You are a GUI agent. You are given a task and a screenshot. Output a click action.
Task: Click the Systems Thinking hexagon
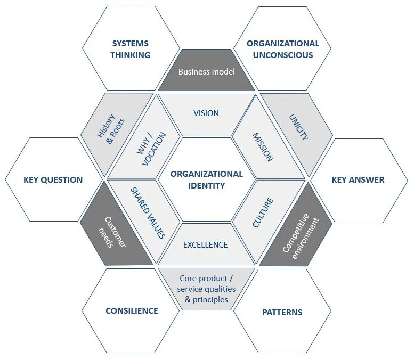131,49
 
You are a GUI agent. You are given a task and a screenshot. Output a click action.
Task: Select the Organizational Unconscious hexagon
282,49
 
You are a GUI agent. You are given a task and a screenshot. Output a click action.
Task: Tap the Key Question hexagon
53,179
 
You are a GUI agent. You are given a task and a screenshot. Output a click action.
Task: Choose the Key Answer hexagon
358,179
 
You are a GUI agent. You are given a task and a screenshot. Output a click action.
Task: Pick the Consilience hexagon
132,310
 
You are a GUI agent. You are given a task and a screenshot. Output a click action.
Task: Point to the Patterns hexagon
282,312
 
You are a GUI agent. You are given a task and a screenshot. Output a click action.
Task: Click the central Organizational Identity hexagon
206,179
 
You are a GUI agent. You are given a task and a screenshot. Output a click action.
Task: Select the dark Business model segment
206,71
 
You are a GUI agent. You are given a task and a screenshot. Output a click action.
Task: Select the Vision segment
206,113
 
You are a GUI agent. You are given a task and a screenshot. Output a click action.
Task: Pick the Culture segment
262,212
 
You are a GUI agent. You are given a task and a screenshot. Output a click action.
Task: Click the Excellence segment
205,244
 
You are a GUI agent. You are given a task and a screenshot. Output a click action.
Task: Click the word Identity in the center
206,186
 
